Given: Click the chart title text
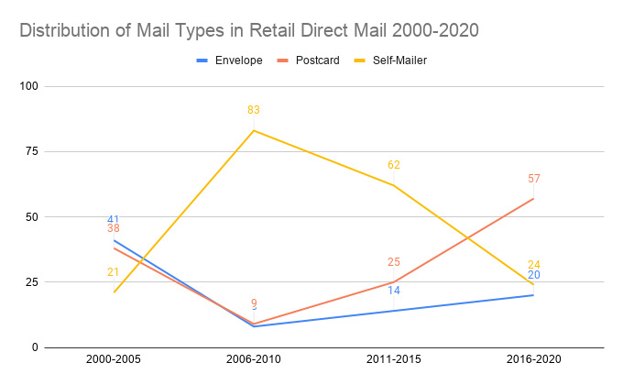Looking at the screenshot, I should (x=248, y=30).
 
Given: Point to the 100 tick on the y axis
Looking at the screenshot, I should (x=28, y=87).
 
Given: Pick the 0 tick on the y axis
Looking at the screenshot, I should (x=34, y=347).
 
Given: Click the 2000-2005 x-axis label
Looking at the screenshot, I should (x=114, y=361).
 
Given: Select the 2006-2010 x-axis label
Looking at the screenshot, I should (x=254, y=361).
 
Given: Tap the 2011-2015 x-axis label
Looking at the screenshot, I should (x=394, y=361).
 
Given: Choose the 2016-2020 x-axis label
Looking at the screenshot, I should (x=534, y=361).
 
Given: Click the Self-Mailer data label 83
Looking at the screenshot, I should (x=254, y=111).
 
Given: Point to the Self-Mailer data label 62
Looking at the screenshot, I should (x=394, y=165).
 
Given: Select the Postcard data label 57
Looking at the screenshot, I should (x=534, y=179).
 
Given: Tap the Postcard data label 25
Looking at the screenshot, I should (x=394, y=262).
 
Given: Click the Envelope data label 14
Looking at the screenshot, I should (x=394, y=291).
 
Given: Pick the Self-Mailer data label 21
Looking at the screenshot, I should (x=114, y=272).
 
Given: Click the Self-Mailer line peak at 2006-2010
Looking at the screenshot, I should (x=254, y=130).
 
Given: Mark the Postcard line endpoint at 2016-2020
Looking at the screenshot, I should (x=534, y=199).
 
